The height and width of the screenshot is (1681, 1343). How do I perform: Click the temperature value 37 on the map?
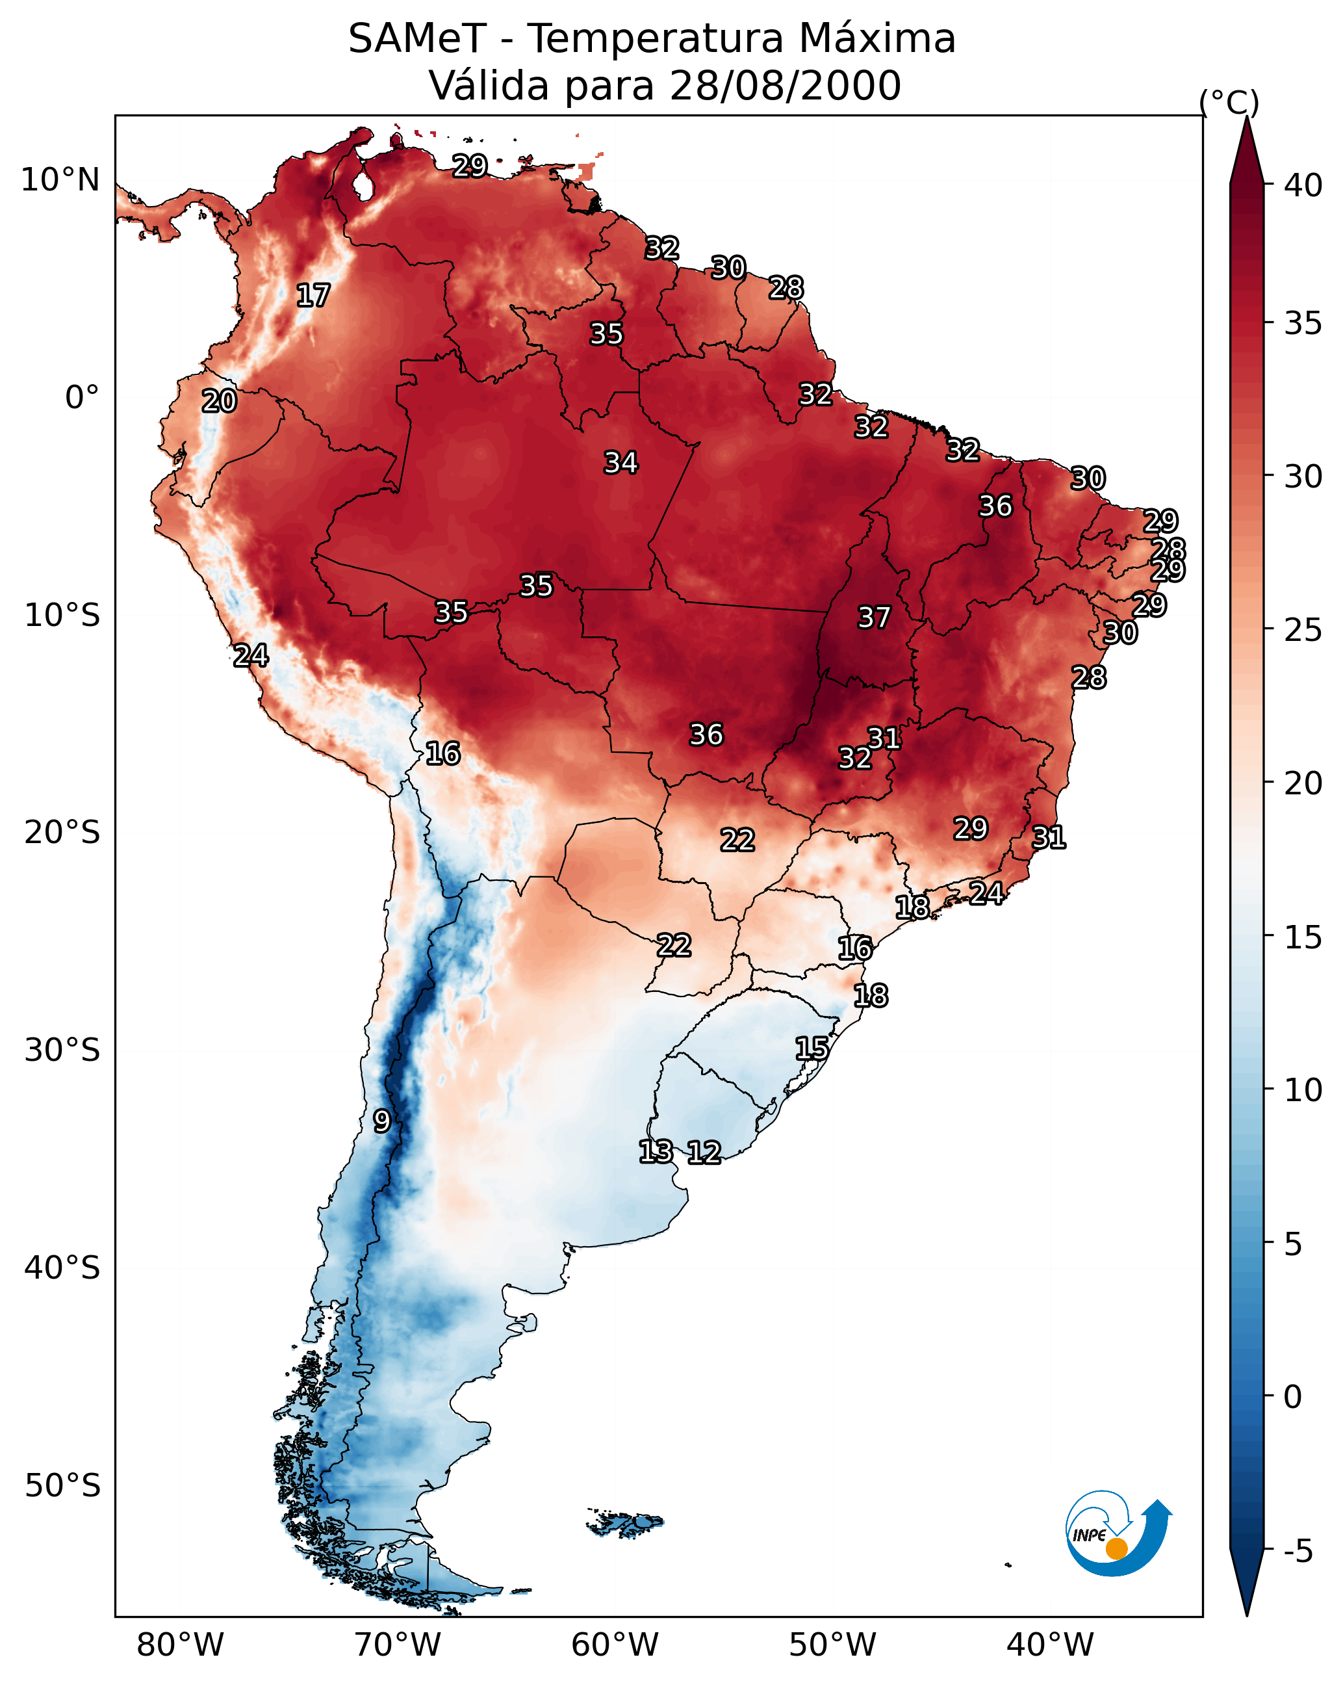point(874,618)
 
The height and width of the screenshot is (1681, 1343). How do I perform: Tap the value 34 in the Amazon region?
point(621,462)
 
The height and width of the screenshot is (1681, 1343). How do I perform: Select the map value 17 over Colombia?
point(313,296)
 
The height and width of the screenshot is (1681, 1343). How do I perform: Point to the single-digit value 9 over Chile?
point(381,1121)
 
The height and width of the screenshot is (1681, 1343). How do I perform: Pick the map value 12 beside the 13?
point(704,1152)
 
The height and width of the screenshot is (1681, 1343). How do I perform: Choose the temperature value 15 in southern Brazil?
point(812,1048)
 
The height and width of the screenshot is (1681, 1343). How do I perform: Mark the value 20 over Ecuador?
point(219,401)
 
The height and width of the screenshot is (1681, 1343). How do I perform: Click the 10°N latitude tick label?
point(60,180)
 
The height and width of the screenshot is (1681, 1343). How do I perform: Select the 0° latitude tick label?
point(82,398)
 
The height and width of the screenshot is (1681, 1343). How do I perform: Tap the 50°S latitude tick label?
point(62,1485)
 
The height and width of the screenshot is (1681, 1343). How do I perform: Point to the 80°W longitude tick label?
point(180,1645)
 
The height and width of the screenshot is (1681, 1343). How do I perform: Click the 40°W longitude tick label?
point(1050,1645)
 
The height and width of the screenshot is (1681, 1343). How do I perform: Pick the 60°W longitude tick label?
point(615,1645)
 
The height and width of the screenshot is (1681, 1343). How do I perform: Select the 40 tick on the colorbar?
point(1303,185)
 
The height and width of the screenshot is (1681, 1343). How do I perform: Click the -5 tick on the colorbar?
point(1298,1551)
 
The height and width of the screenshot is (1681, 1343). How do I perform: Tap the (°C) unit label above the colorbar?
point(1229,102)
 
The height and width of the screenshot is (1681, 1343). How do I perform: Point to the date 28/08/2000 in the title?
point(785,86)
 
